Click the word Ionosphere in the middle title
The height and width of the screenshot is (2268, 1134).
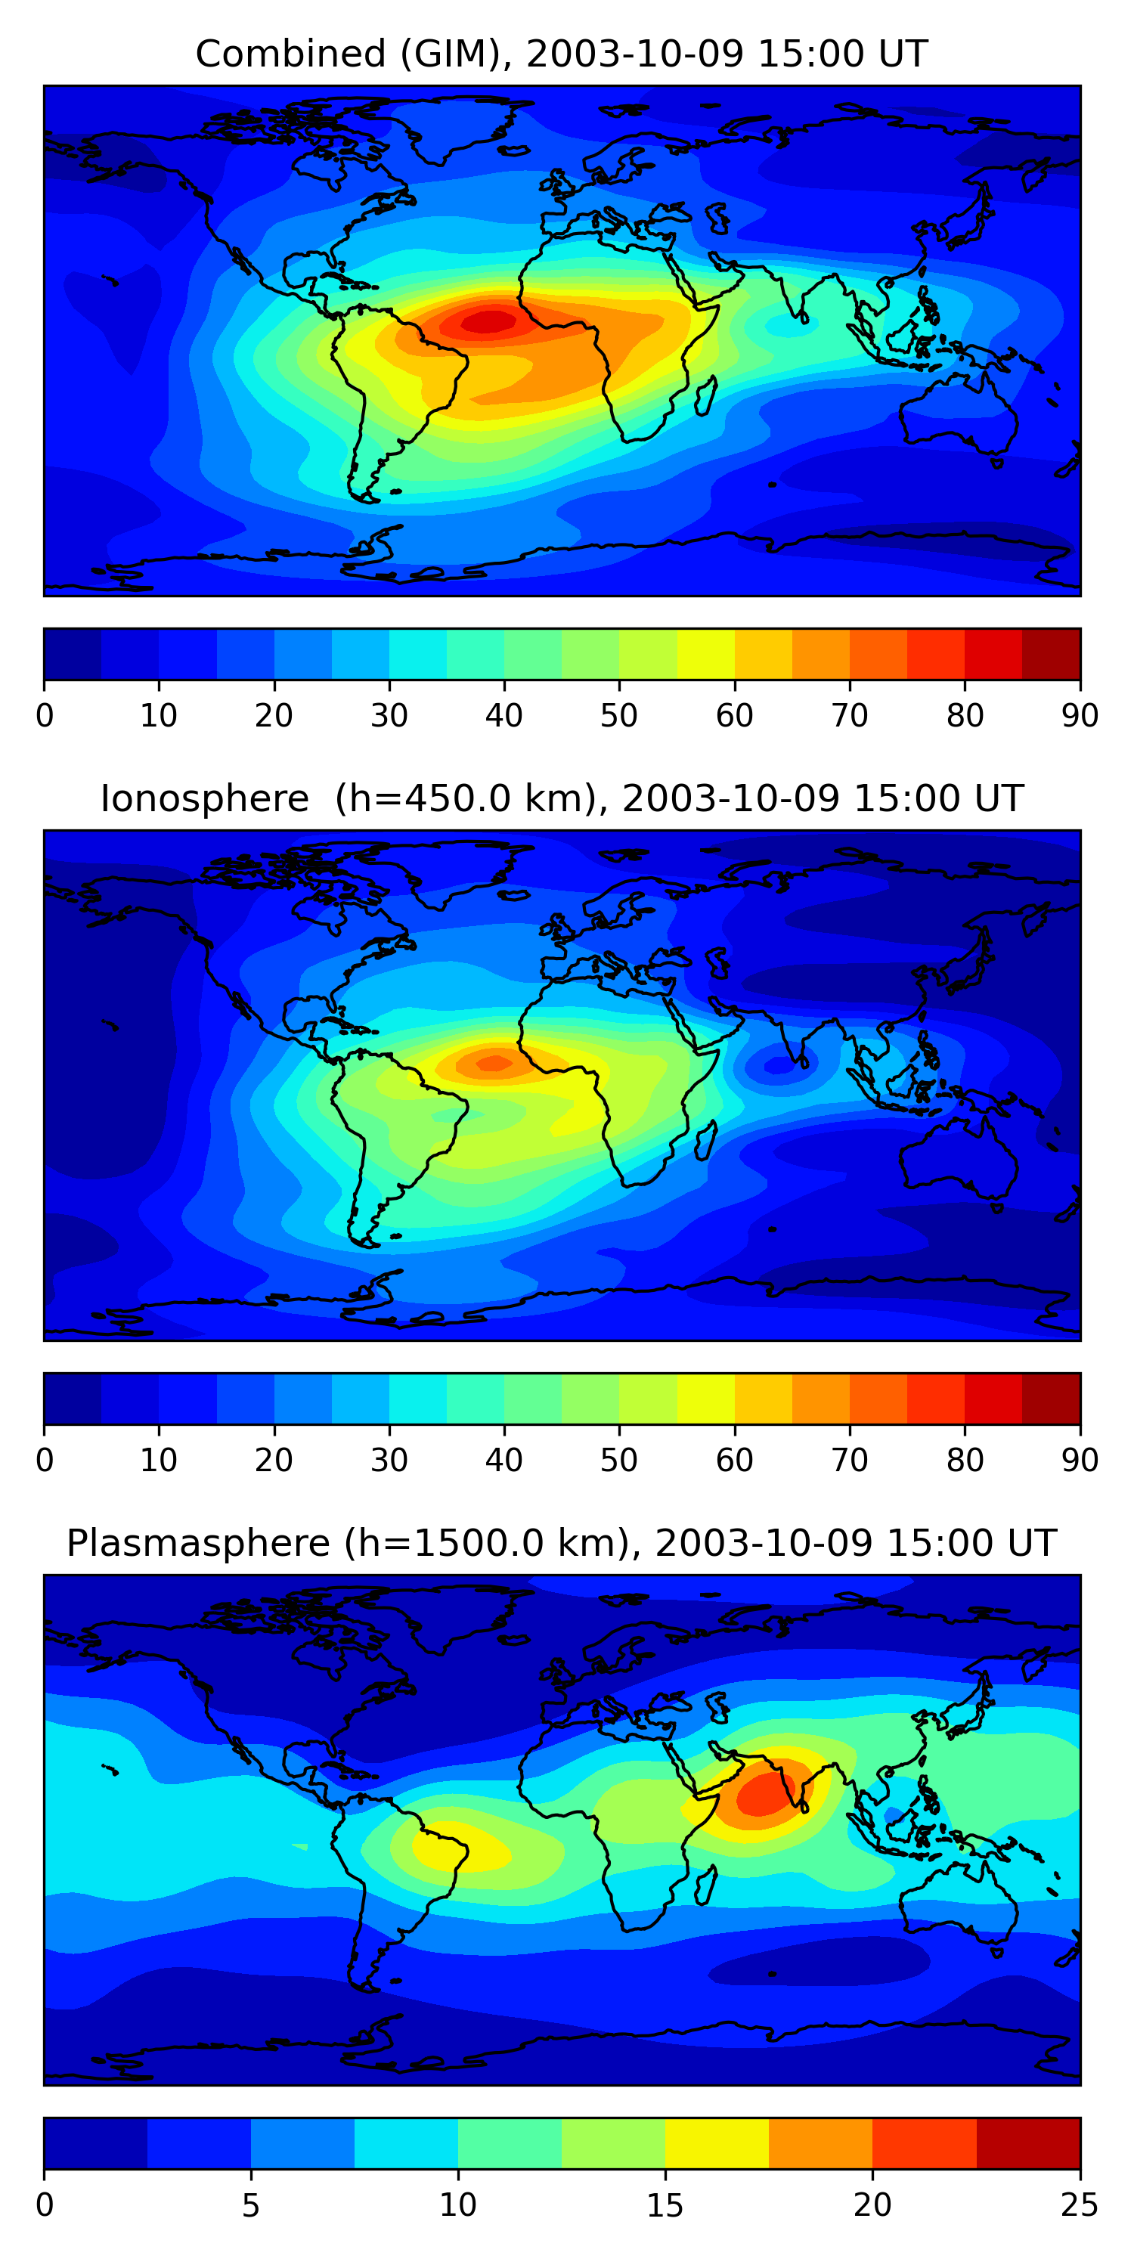coord(204,799)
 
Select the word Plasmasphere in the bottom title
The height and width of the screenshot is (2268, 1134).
coord(198,1544)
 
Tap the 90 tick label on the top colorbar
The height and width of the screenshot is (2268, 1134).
coord(1080,716)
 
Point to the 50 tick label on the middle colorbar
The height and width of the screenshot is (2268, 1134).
coord(619,1461)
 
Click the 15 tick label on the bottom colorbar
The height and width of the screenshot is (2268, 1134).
coord(665,2205)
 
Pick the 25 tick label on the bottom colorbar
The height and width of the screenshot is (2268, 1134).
coord(1080,2205)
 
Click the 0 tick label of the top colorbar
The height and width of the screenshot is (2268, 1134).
coord(45,716)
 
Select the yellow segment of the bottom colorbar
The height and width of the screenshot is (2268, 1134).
coord(717,2143)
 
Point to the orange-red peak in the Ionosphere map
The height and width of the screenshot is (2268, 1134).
coord(494,1064)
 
